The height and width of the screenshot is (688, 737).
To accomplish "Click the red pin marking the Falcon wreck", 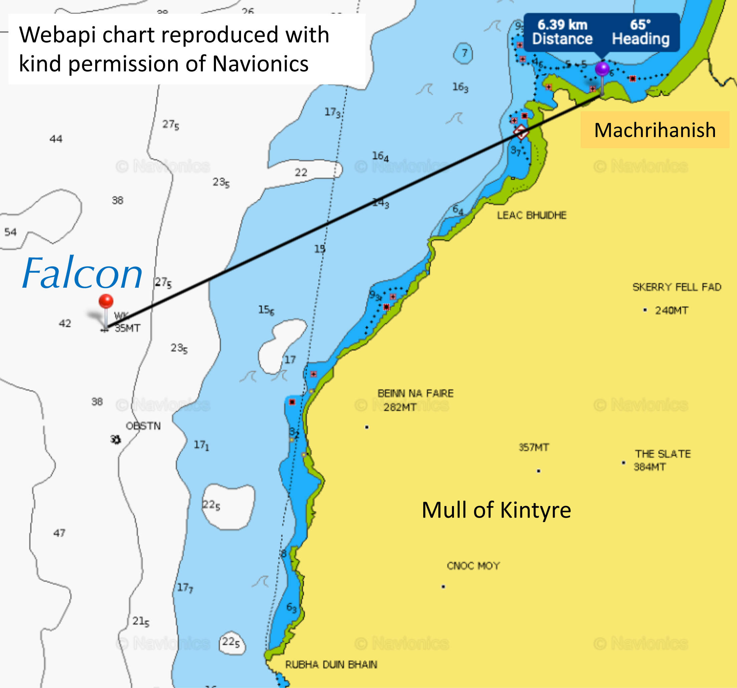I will pyautogui.click(x=106, y=301).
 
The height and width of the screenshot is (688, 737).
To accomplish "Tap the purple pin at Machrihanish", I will pyautogui.click(x=602, y=69).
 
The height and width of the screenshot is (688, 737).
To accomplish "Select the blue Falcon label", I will pyautogui.click(x=82, y=274).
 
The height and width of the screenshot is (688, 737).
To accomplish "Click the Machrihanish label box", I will pyautogui.click(x=655, y=130).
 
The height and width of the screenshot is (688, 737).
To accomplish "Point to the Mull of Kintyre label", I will pyautogui.click(x=496, y=510).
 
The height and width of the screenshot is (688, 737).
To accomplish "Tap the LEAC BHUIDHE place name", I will pyautogui.click(x=532, y=215).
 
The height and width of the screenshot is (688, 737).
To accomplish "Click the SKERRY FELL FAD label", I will pyautogui.click(x=677, y=287).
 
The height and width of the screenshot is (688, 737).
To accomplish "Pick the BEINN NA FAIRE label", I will pyautogui.click(x=415, y=393).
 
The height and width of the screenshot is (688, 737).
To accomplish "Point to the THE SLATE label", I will pyautogui.click(x=663, y=454).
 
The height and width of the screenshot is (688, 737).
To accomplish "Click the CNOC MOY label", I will pyautogui.click(x=473, y=566).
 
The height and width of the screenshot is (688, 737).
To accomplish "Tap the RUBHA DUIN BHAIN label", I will pyautogui.click(x=331, y=665).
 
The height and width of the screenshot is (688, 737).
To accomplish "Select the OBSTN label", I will pyautogui.click(x=143, y=426).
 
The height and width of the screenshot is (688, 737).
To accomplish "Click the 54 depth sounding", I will pyautogui.click(x=10, y=232).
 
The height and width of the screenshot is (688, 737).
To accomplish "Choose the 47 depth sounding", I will pyautogui.click(x=59, y=533).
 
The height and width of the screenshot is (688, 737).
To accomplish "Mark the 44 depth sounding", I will pyautogui.click(x=56, y=139).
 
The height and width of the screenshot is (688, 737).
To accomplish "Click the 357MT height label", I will pyautogui.click(x=533, y=447).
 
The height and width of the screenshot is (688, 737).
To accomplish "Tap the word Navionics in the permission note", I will pyautogui.click(x=260, y=64).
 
